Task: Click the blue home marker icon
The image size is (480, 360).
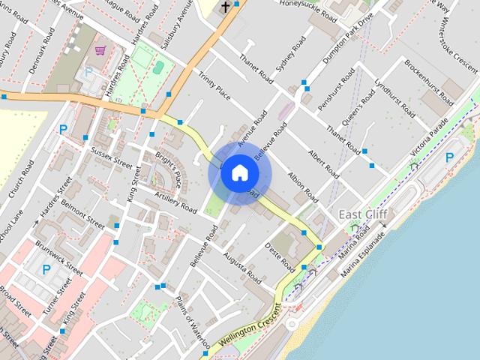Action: tap(239, 173)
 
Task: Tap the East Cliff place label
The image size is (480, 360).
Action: tap(364, 215)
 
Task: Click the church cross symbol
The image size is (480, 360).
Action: tap(225, 7)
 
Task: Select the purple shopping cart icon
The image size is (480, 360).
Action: tap(100, 51)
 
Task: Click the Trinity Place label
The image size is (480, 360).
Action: tap(214, 85)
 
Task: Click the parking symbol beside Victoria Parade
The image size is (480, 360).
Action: tap(449, 157)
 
